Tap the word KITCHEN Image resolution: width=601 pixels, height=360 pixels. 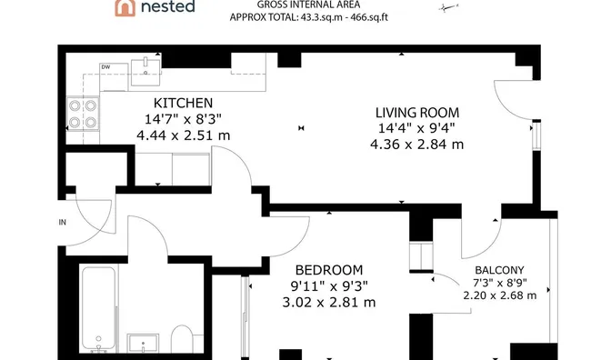(x=183, y=103)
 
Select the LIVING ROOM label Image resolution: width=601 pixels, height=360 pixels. (x=416, y=112)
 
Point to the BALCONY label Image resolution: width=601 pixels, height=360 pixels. (x=499, y=269)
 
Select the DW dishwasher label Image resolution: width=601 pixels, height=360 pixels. (x=105, y=67)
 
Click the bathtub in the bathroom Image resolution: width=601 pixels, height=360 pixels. (x=98, y=307)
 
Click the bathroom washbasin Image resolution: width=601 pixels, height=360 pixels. (x=144, y=344)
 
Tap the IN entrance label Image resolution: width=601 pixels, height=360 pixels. (x=63, y=222)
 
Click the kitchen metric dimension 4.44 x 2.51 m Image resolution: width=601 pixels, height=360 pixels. (x=183, y=135)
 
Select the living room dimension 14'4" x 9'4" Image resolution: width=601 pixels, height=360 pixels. (x=416, y=128)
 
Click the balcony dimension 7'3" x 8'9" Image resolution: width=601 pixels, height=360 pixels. (x=499, y=282)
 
